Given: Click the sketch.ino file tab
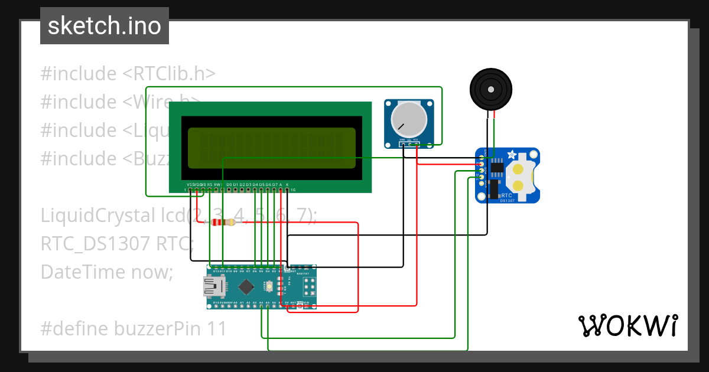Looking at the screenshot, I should pos(105,26).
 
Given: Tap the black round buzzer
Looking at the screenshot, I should pos(491,89).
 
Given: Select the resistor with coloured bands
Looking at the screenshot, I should pos(223,223).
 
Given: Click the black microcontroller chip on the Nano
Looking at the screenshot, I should pos(245,287).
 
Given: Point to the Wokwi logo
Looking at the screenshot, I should pos(627,325).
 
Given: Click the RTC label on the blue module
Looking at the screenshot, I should pos(506,195).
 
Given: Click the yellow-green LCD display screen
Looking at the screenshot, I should pos(272,148).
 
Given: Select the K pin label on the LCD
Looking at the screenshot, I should pos(287,185).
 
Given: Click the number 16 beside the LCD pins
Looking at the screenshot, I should pos(292,190).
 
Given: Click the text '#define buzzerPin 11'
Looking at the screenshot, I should pos(134,328).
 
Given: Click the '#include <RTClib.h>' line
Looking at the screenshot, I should pos(128,74).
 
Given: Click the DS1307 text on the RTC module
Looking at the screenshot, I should pos(508,201).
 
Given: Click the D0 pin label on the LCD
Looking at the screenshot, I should pos(229,185).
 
